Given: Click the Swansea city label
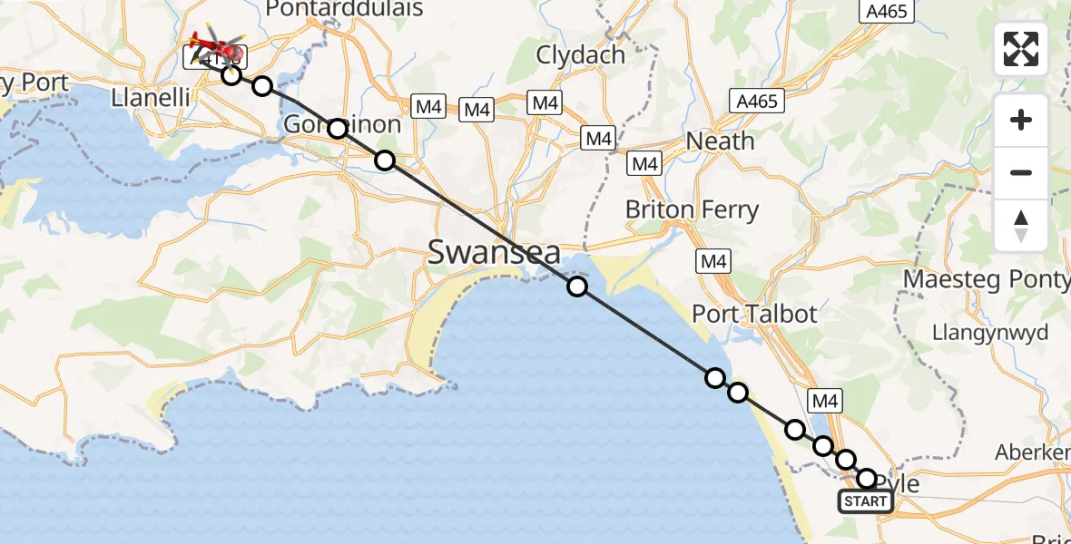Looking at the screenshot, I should click(x=494, y=252).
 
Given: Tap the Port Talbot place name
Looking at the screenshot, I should click(x=754, y=315).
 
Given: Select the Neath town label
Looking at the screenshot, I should click(x=721, y=141).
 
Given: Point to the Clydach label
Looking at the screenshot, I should click(x=581, y=55).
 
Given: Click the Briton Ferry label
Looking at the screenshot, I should click(x=692, y=210).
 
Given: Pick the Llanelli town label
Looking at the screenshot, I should click(x=148, y=98).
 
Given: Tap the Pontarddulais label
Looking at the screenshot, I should click(x=345, y=10).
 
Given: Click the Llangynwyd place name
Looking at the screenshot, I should click(x=990, y=333).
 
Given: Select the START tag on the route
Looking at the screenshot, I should click(x=866, y=501).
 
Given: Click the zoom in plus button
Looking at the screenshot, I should click(x=1021, y=121).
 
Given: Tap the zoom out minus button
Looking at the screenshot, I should click(x=1021, y=172).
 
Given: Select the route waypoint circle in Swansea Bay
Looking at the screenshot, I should click(x=577, y=287).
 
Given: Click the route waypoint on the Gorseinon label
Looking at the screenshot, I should click(x=338, y=129).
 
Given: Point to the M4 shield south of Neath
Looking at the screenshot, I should click(x=645, y=164).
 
